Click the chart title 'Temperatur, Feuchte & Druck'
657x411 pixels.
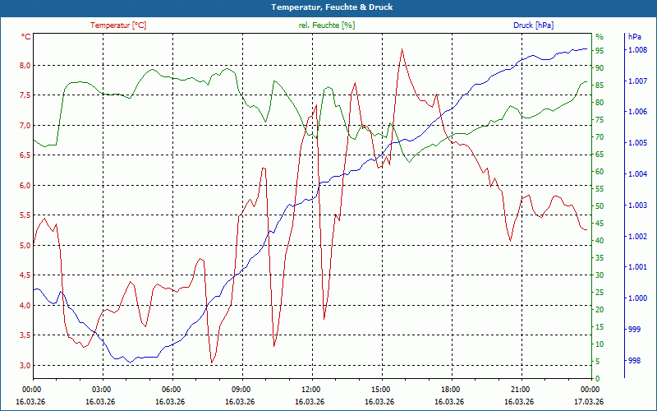click(328, 7)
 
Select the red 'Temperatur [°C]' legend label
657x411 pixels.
click(118, 25)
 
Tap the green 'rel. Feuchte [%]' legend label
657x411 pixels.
click(326, 25)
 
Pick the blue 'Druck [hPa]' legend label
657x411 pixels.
click(534, 25)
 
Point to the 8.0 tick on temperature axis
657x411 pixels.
click(25, 66)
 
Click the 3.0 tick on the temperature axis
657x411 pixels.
click(25, 366)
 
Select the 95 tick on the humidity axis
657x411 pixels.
click(600, 50)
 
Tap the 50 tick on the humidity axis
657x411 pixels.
click(600, 206)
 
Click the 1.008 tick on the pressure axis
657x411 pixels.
click(637, 50)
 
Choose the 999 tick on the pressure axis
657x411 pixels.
click(634, 330)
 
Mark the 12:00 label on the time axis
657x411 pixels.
click(310, 390)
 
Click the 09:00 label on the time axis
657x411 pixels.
click(241, 390)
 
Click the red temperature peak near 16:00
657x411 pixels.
click(402, 49)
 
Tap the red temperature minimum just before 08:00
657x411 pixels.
click(212, 363)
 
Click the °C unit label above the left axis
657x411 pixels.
click(26, 37)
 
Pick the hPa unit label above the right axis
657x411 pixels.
click(635, 37)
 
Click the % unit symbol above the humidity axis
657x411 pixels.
click(600, 37)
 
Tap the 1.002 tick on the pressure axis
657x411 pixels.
click(637, 237)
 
